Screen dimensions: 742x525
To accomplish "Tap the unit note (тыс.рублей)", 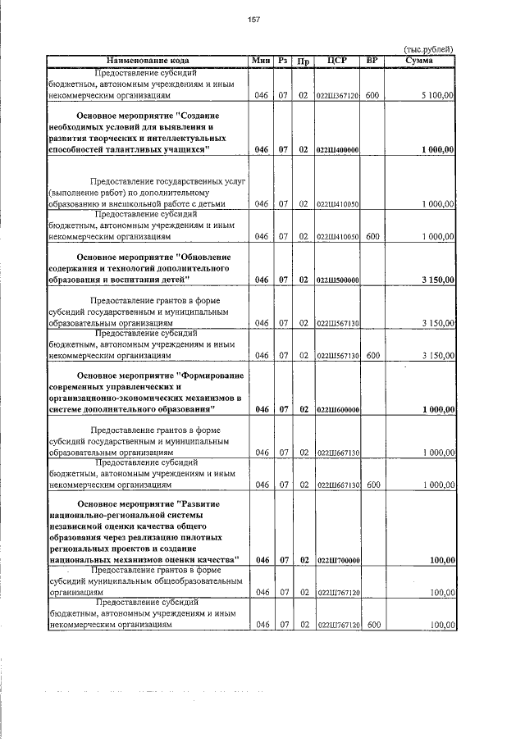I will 429,50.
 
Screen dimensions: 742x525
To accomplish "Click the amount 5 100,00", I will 438,96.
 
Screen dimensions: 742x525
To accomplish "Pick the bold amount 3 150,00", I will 438,280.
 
